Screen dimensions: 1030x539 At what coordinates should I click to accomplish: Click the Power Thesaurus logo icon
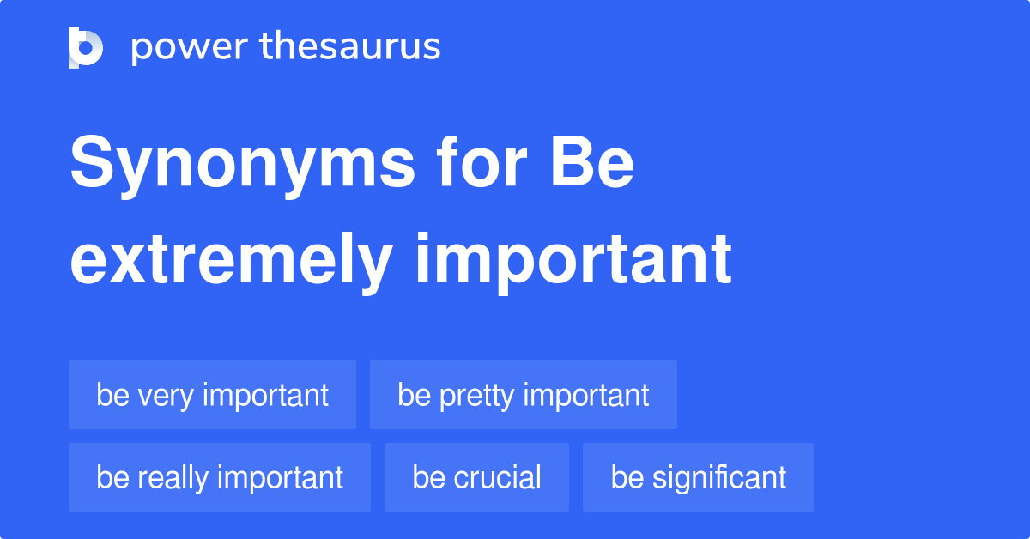click(86, 48)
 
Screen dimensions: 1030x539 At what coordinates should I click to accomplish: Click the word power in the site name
click(190, 48)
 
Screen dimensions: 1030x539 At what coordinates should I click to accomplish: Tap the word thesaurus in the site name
click(350, 45)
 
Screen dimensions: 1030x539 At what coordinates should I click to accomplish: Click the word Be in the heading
click(591, 162)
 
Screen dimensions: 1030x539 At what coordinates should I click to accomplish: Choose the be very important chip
click(213, 395)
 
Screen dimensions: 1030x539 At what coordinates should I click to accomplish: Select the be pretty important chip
click(524, 395)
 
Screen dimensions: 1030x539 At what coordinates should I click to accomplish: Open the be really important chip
click(220, 477)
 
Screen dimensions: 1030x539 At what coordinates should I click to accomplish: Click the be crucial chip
click(477, 477)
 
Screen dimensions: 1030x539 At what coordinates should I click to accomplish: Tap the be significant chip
click(698, 477)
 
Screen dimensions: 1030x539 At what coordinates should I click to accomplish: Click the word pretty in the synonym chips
click(476, 396)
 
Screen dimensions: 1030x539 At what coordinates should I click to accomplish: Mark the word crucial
click(497, 477)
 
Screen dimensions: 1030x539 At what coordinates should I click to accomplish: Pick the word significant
click(719, 478)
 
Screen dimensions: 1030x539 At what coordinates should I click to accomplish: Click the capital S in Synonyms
click(92, 161)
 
